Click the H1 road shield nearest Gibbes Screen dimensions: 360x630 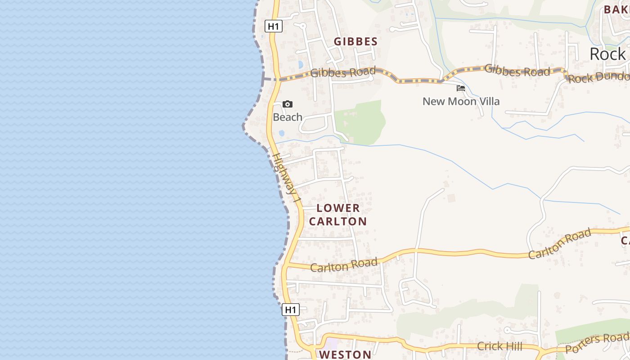[274, 27]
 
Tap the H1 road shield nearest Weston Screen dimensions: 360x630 [291, 310]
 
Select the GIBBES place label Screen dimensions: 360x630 [355, 42]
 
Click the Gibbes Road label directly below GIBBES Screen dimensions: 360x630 [343, 72]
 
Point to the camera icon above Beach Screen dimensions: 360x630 [288, 104]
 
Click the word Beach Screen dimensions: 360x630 [288, 117]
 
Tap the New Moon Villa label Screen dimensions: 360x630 [461, 102]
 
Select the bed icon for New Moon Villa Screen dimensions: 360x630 [461, 88]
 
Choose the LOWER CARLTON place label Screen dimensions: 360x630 [338, 215]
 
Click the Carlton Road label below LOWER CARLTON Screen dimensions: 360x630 [344, 265]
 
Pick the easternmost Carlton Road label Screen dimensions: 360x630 [559, 244]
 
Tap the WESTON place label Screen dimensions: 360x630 [346, 355]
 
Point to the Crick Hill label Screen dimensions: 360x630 [499, 346]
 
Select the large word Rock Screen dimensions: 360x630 [607, 54]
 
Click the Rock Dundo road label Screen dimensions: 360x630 [598, 77]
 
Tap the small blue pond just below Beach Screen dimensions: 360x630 [282, 133]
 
